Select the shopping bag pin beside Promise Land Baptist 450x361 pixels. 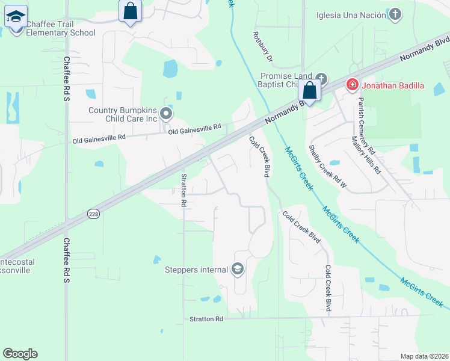310,91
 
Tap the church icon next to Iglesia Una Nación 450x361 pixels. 395,14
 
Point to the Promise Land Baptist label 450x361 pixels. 286,80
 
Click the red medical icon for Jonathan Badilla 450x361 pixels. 351,85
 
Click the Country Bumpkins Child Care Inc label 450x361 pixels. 123,114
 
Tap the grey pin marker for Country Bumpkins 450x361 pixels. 167,113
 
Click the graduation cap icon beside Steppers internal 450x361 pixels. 238,269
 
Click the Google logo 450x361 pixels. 20,354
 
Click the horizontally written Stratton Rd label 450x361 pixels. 206,319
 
